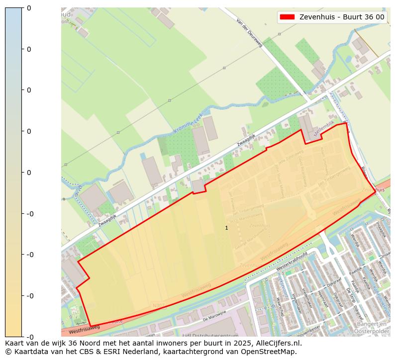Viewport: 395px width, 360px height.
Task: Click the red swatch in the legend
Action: pos(287,17)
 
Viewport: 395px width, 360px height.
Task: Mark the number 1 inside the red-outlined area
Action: pos(226,228)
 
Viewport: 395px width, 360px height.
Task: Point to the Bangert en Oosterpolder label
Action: pos(372,328)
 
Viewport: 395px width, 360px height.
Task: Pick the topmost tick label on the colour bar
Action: pos(29,8)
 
